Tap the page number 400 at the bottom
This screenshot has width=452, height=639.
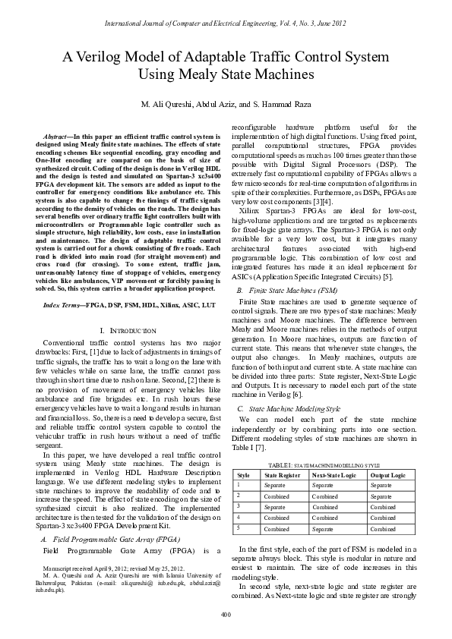click(x=226, y=614)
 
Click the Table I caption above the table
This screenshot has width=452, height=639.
click(x=324, y=463)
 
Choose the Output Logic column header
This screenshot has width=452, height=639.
click(x=387, y=474)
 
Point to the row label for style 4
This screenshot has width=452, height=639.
click(x=239, y=518)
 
